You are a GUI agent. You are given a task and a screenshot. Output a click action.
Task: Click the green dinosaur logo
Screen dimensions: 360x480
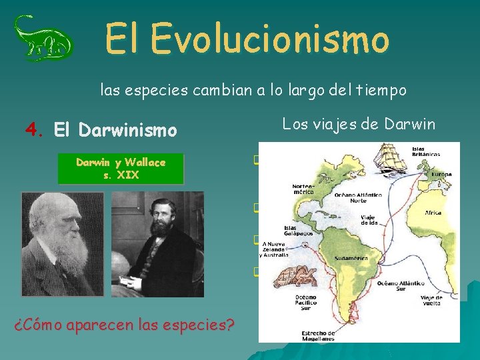(43, 39)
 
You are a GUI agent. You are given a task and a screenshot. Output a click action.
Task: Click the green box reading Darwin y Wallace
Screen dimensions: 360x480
(121, 169)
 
